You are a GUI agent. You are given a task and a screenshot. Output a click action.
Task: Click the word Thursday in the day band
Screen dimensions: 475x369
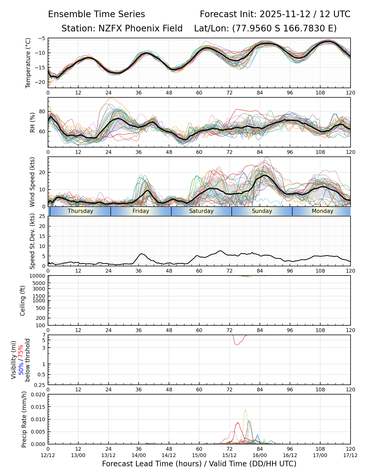tap(80, 211)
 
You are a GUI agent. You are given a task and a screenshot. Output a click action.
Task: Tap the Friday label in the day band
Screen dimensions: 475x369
tap(141, 211)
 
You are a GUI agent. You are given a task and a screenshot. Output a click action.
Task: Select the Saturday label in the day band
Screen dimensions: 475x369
tap(201, 211)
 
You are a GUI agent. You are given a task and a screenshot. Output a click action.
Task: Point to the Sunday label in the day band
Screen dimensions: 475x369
tap(262, 211)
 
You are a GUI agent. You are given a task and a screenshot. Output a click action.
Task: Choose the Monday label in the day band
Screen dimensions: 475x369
tap(322, 211)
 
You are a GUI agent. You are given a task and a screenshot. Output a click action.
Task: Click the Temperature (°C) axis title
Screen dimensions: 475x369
tap(28, 63)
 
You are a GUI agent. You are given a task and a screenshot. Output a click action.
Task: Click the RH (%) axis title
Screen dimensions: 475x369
tap(32, 122)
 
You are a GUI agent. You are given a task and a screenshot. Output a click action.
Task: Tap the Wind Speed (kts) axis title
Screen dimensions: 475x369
tap(32, 182)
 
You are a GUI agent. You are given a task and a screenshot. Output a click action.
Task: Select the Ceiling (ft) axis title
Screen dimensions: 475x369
tap(23, 301)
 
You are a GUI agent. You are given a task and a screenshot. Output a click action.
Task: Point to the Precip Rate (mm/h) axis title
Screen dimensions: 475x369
tap(24, 419)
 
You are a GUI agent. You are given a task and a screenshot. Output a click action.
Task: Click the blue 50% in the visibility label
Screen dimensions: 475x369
tap(21, 368)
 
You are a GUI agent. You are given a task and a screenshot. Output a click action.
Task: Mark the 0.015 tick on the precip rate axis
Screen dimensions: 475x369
tap(38, 407)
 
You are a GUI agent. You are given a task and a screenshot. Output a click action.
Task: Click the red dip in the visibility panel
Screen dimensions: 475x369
tap(237, 344)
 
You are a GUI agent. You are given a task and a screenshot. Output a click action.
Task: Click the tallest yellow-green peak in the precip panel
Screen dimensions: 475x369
tap(246, 410)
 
